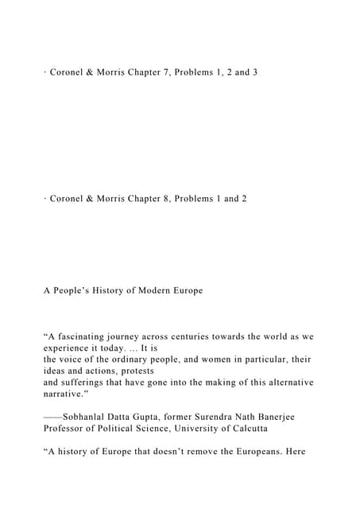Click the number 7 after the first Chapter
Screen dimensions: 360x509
point(176,72)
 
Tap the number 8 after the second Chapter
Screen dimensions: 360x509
point(176,198)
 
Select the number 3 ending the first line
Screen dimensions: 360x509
point(254,72)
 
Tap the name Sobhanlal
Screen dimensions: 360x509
point(91,416)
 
